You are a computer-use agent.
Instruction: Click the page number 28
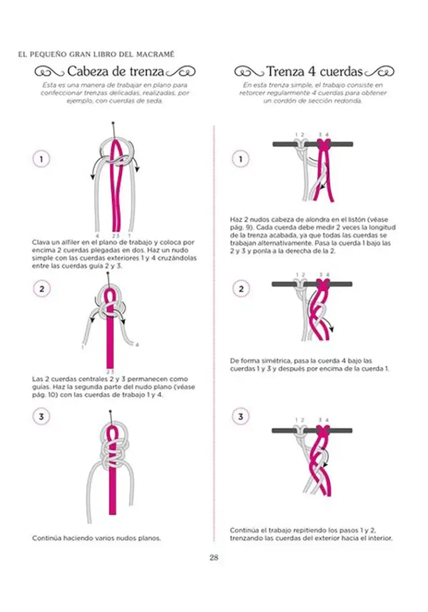click(x=213, y=558)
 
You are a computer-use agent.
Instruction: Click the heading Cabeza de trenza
click(x=115, y=71)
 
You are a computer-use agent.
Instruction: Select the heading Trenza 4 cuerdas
click(x=315, y=71)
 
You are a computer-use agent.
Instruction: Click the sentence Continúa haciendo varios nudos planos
click(x=96, y=537)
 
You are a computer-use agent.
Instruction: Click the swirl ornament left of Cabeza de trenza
click(x=50, y=71)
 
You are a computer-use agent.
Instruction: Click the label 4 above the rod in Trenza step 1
click(x=327, y=134)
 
